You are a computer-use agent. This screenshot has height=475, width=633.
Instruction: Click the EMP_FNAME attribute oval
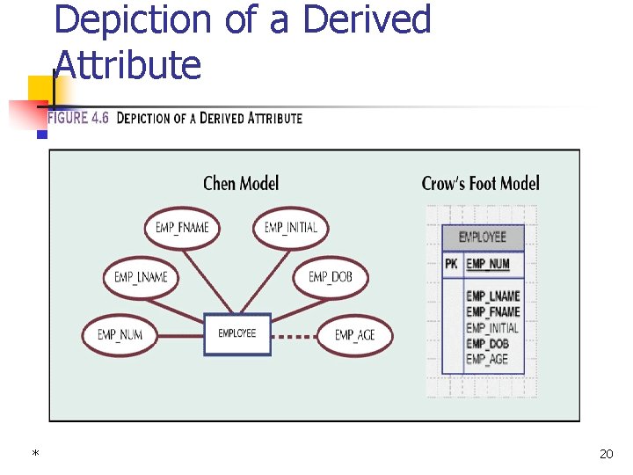click(182, 228)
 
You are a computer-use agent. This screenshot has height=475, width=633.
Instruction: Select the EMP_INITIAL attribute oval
click(291, 228)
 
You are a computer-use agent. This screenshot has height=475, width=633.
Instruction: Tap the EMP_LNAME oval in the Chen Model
click(141, 277)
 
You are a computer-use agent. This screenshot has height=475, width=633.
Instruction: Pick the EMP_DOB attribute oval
click(331, 277)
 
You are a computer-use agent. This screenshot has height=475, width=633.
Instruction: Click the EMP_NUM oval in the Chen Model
click(120, 334)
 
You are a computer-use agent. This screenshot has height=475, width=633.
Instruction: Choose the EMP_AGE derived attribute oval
click(354, 335)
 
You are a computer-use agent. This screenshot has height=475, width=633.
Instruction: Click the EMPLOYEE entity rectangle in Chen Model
click(237, 334)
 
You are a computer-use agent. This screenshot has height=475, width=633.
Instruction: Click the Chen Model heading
click(241, 183)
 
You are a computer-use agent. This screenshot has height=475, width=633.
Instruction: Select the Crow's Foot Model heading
click(480, 183)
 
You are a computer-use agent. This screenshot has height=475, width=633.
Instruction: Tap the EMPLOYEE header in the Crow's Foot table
click(482, 237)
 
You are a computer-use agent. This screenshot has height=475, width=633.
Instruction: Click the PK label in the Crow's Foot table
click(451, 264)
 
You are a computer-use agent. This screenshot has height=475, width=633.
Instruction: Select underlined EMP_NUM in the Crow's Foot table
click(488, 264)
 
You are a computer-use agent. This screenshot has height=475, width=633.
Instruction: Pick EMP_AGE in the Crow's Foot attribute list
click(487, 359)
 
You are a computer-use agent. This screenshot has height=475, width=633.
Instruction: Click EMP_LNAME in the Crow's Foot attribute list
click(492, 296)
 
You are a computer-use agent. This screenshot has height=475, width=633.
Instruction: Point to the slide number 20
click(606, 454)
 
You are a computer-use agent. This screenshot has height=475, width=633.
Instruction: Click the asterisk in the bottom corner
click(35, 454)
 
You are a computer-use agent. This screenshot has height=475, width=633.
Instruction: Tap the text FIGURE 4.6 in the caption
click(78, 118)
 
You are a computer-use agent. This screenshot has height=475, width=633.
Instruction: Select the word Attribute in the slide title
click(127, 65)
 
